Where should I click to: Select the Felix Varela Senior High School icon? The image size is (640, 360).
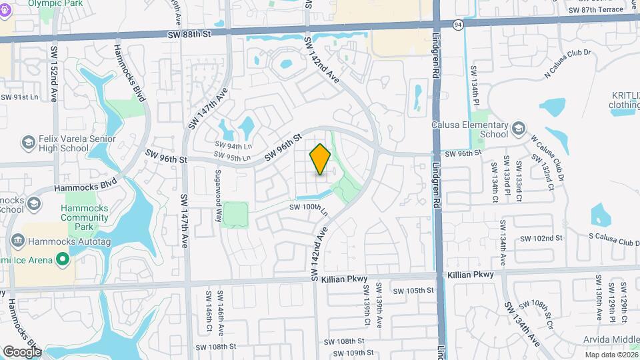29,143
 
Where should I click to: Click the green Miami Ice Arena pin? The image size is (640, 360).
63,258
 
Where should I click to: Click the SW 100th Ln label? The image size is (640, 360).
309,209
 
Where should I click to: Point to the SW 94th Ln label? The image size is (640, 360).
233,145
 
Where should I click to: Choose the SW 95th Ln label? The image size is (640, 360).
232,158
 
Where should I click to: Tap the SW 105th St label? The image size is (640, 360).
413,290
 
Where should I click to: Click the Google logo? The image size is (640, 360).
22,351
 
